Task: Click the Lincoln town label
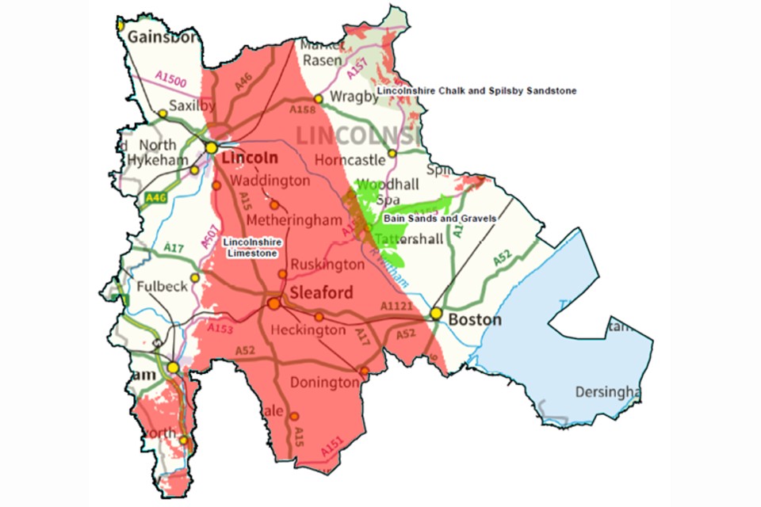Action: point(250,158)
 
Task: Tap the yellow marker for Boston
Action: point(436,314)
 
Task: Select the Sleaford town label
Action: point(321,293)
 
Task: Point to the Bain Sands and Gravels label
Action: point(440,218)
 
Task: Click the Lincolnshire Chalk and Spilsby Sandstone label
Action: point(476,91)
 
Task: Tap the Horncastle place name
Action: point(349,159)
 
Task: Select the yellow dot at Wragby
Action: point(318,99)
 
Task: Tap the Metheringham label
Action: point(293,219)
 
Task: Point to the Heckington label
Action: point(308,330)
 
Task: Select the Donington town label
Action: point(325,383)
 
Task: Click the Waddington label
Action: point(270,181)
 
